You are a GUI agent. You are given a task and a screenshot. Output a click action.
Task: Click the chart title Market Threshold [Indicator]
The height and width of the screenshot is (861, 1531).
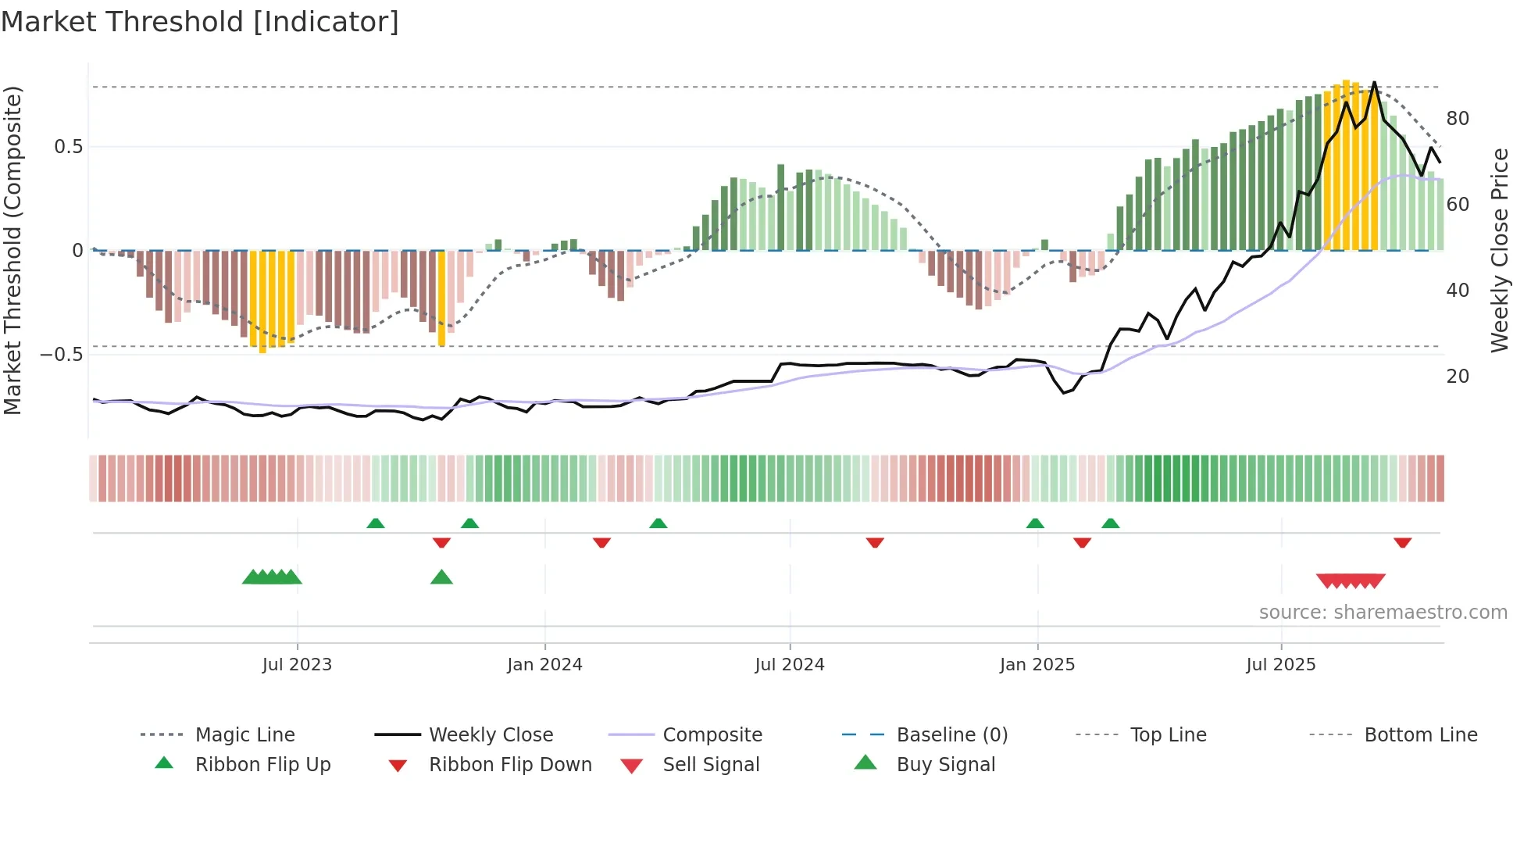[200, 22]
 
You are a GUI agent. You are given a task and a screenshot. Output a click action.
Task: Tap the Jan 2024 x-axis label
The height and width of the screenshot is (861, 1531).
[544, 665]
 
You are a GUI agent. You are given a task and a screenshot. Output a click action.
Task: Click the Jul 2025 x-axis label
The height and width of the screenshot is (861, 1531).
[1280, 665]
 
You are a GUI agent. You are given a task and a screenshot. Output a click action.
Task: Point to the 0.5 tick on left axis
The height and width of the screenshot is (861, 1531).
[68, 147]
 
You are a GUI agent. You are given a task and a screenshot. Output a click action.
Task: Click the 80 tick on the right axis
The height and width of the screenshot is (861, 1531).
[1458, 119]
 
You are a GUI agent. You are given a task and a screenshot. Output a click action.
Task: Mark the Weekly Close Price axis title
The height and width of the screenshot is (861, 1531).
[1499, 250]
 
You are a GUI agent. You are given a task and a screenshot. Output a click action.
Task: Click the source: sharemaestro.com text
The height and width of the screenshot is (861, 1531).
[1383, 613]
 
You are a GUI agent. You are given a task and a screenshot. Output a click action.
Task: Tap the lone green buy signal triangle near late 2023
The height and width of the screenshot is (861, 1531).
[441, 577]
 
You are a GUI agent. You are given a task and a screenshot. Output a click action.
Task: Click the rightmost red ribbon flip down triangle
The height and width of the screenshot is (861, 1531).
[1402, 542]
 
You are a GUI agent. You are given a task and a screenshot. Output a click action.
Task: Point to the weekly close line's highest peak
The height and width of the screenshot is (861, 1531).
[1374, 82]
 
